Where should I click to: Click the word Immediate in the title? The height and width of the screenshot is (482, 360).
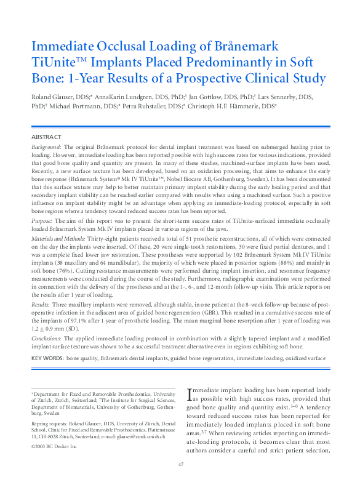tap(62, 47)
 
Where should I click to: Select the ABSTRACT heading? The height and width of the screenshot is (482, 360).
tap(47, 137)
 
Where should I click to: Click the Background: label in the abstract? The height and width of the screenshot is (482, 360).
tap(46, 148)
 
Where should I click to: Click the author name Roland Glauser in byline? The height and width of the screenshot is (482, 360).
tap(50, 97)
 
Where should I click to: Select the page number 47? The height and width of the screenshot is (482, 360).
tap(180, 464)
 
